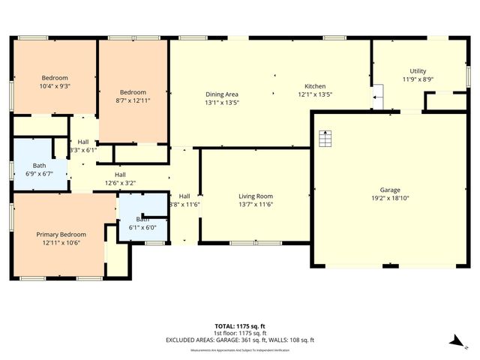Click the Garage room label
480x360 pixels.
(x=389, y=190)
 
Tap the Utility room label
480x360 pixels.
(x=418, y=70)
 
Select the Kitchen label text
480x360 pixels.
(x=314, y=86)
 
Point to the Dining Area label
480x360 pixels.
(x=222, y=94)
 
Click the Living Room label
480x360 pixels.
(x=255, y=196)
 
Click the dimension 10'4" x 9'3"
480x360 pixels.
(x=55, y=86)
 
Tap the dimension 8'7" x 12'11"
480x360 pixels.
(x=133, y=91)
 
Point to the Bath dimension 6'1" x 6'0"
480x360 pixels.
(x=142, y=228)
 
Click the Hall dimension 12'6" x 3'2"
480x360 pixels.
(x=120, y=182)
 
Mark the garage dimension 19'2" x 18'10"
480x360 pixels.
(x=389, y=198)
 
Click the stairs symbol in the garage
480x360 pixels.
(x=325, y=139)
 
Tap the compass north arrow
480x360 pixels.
(x=455, y=340)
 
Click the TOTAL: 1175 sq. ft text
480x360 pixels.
(x=240, y=325)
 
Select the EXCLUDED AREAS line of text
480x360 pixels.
(x=240, y=340)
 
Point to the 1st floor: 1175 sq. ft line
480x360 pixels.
(x=240, y=333)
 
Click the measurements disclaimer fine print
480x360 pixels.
(x=240, y=350)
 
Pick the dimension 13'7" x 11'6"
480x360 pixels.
(x=255, y=204)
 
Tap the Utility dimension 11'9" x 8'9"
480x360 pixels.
(x=418, y=79)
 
